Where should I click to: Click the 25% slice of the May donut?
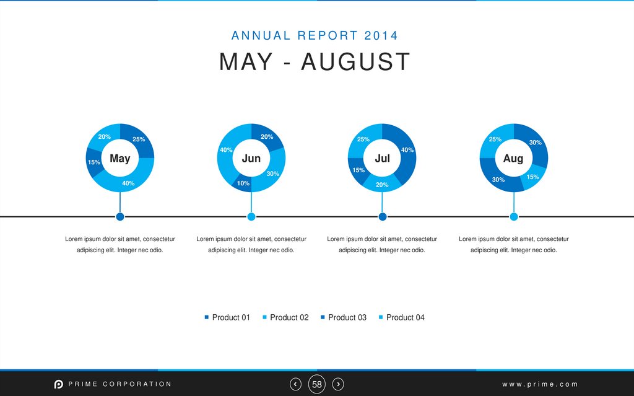click(139, 139)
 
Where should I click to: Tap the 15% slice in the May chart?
click(94, 163)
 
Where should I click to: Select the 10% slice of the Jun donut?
click(243, 183)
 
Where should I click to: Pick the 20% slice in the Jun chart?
click(267, 137)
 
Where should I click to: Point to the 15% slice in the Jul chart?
click(358, 170)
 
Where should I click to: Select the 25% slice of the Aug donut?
click(495, 139)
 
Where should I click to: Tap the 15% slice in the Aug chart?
click(532, 177)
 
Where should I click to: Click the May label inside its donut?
click(120, 158)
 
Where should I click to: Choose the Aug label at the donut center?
click(513, 158)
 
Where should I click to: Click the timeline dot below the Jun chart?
click(251, 216)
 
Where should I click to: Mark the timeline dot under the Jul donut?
click(383, 216)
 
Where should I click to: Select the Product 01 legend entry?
click(227, 317)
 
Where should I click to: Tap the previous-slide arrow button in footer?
click(296, 384)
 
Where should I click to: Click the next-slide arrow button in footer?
click(338, 384)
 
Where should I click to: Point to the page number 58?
click(317, 384)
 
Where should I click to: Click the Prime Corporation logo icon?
click(58, 384)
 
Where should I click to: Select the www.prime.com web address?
click(540, 384)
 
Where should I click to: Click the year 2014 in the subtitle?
click(381, 35)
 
